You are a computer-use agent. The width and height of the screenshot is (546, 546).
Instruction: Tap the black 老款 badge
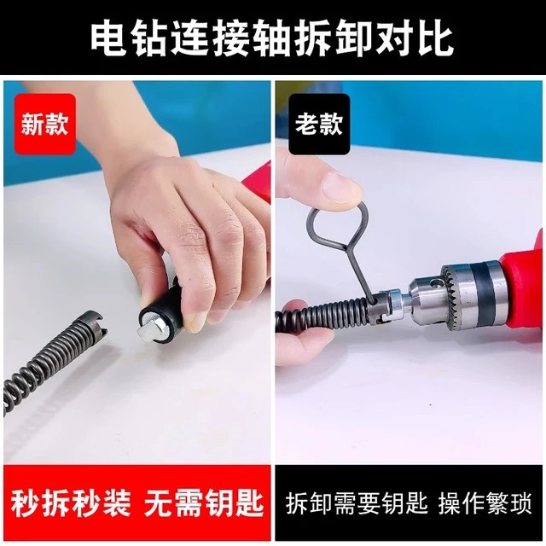(319, 125)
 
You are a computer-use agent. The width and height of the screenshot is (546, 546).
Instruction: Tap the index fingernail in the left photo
(194, 319)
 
